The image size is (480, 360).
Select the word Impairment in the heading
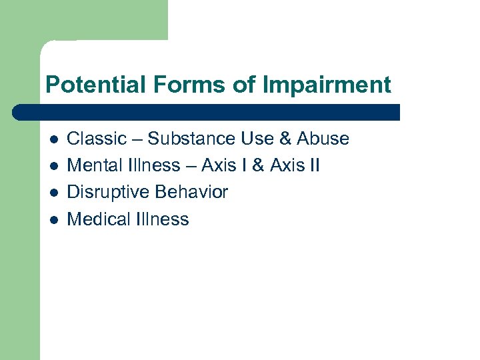(327, 85)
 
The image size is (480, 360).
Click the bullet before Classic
(53, 139)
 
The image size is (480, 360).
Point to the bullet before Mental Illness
(53, 166)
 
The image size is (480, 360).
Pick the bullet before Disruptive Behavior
(53, 193)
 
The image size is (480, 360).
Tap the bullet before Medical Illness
(53, 219)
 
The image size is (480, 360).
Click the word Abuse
(323, 139)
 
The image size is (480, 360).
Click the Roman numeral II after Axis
(315, 165)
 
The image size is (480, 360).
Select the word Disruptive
(108, 192)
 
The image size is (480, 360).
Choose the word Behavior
(191, 192)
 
